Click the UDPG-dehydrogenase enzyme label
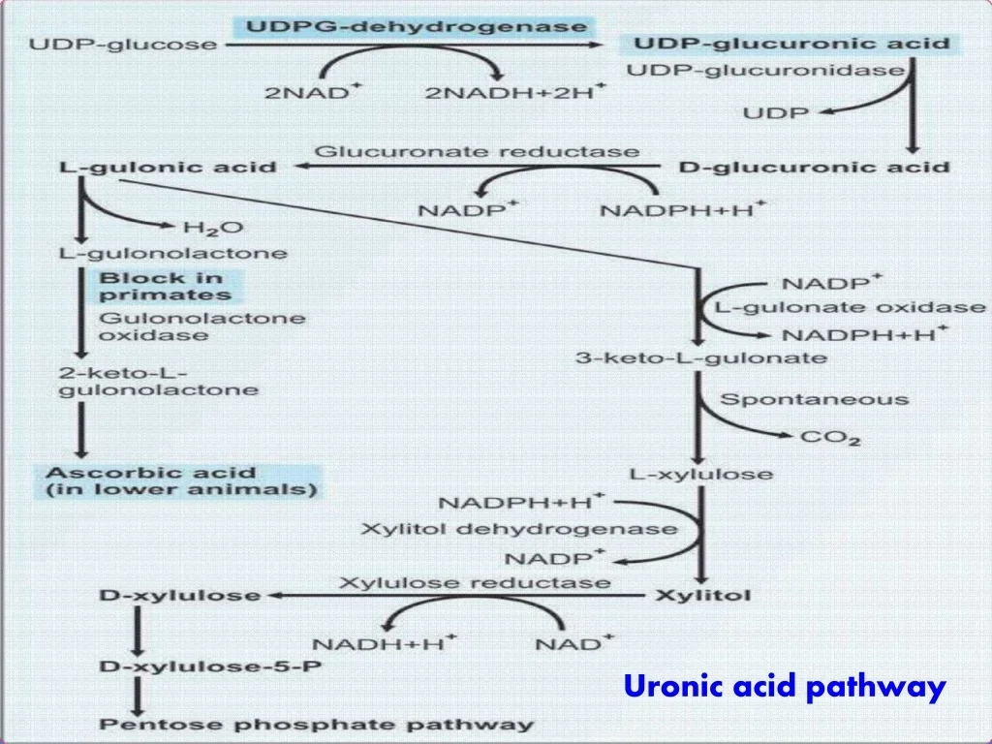coord(417,26)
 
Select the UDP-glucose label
coord(123,45)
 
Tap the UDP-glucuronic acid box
coord(791,44)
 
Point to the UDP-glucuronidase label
coord(766,70)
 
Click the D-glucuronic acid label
coord(814,167)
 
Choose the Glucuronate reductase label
coord(477,152)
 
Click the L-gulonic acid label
coord(168,168)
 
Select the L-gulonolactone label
coord(173,254)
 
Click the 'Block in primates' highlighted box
coord(169,287)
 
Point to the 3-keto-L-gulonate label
coord(701,358)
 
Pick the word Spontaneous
coord(814,400)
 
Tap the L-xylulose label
coord(701,475)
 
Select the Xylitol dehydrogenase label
coord(519,529)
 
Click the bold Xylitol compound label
coord(703,596)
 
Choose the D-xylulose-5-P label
coord(210,666)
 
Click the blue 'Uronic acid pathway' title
coord(785,687)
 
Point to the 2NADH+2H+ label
coord(515,92)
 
